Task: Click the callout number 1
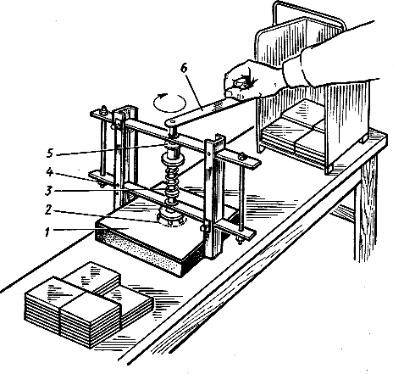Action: [48, 232]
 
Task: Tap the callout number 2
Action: [48, 209]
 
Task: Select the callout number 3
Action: [48, 191]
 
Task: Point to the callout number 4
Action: [50, 172]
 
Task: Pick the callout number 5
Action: [50, 153]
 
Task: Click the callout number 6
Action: [184, 69]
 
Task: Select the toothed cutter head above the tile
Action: [172, 218]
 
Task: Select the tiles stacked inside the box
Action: [294, 129]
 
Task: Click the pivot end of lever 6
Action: [170, 122]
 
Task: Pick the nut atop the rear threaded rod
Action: [104, 109]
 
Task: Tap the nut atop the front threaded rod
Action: [241, 156]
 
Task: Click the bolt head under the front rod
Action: [240, 241]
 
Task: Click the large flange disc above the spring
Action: [172, 159]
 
